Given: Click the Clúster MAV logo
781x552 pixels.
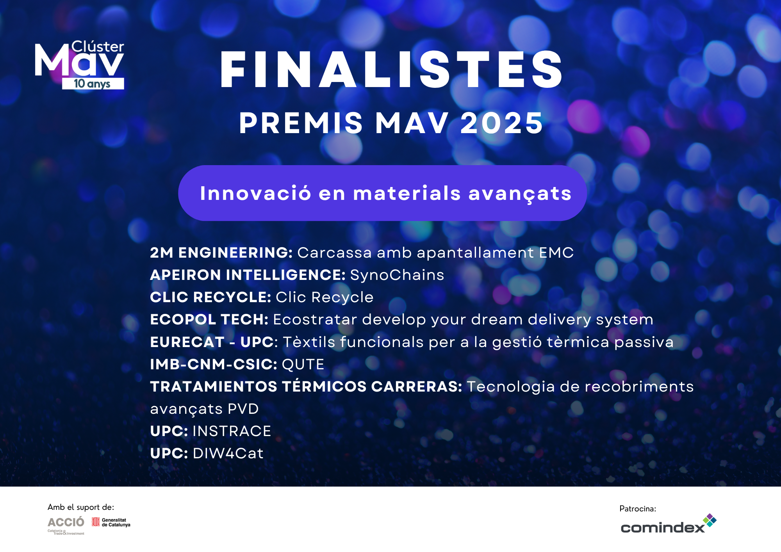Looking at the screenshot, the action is [x=80, y=65].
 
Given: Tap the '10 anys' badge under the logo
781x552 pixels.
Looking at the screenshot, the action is [x=93, y=84].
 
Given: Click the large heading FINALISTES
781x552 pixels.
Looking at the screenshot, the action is [x=391, y=70].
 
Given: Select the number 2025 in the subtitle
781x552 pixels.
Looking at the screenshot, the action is [x=502, y=123].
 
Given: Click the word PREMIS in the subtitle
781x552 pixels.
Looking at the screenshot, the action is [x=301, y=123].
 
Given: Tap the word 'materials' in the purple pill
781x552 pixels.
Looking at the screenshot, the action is [x=407, y=193].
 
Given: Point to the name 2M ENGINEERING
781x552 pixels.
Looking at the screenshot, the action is [x=221, y=253].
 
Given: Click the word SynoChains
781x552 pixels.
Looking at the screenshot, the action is [x=397, y=275].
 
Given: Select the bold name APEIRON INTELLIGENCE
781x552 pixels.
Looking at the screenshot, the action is [x=248, y=275].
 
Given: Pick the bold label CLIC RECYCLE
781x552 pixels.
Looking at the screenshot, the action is [x=210, y=297].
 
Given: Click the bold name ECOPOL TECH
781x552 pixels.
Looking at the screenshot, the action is [x=209, y=319].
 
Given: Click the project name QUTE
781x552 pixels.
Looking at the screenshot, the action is [x=303, y=365].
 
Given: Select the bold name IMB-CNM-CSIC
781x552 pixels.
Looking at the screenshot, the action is [x=214, y=364].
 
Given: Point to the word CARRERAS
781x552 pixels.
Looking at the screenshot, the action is [x=417, y=386].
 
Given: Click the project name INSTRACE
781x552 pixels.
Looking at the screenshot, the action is [x=232, y=431].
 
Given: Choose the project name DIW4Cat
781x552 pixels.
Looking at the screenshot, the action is [x=228, y=454].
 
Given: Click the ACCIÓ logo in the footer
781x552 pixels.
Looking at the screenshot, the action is [x=66, y=525].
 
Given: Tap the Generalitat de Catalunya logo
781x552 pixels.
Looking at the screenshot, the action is [x=111, y=522].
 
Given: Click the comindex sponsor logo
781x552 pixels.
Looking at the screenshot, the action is [x=669, y=524].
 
